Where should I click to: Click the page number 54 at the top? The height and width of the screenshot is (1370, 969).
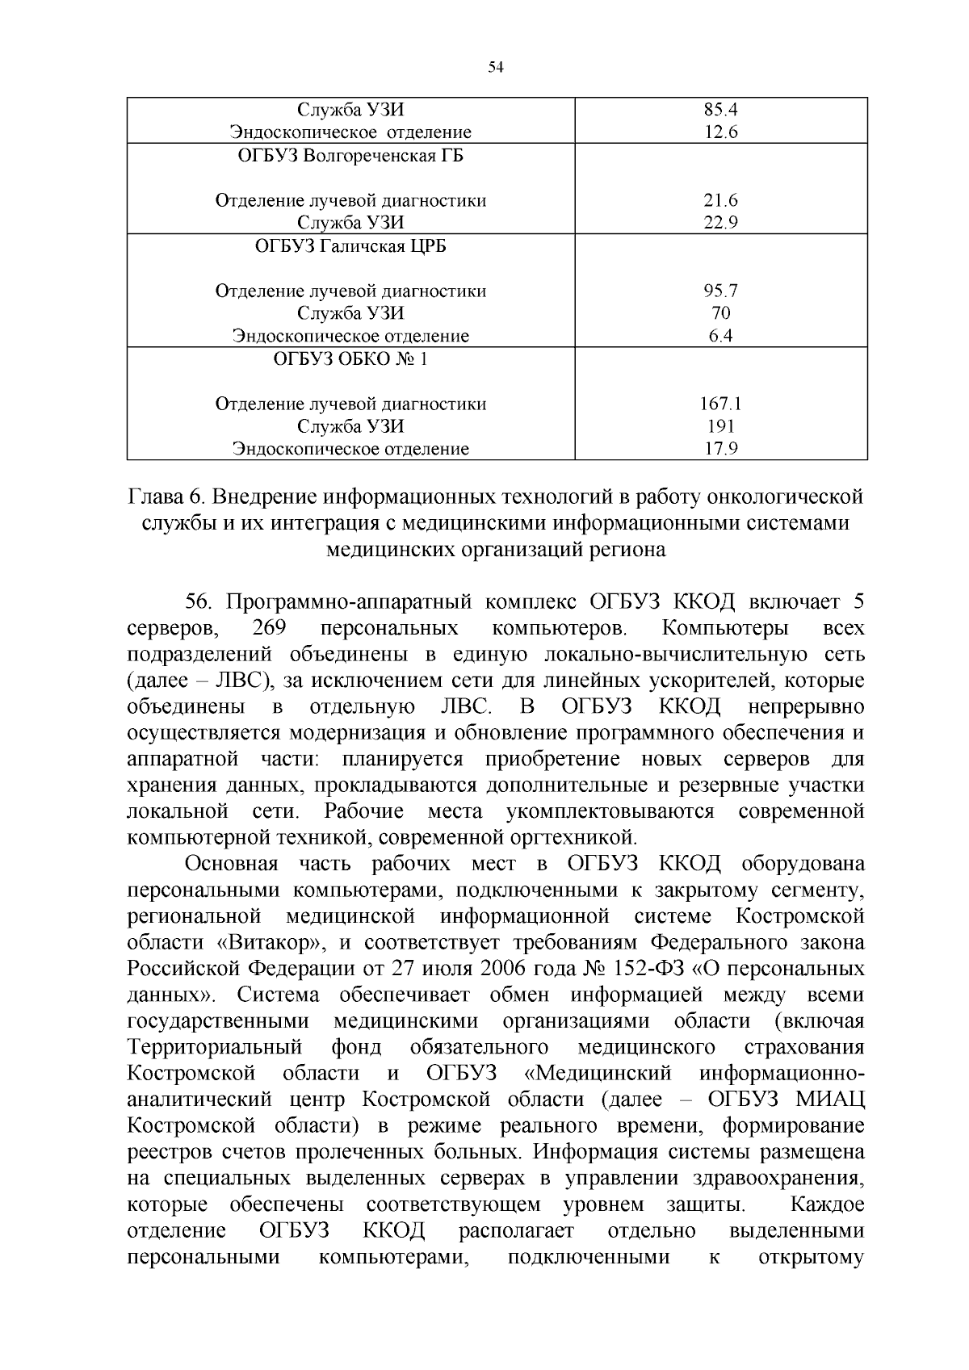tap(496, 68)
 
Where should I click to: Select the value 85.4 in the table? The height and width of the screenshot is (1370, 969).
tap(720, 110)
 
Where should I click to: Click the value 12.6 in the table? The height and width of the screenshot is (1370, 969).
tap(720, 132)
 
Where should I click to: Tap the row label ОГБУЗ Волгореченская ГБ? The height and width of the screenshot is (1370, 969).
tap(350, 156)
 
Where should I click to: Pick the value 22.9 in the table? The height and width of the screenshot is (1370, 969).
tap(720, 223)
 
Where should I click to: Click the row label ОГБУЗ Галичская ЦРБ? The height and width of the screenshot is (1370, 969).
tap(350, 246)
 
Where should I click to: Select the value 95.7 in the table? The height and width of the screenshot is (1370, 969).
tap(720, 291)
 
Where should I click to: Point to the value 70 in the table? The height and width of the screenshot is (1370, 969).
tap(720, 313)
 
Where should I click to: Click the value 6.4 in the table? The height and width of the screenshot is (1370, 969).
tap(720, 336)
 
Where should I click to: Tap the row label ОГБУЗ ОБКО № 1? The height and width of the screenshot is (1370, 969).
tap(350, 359)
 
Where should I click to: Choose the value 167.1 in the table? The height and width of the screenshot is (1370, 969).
tap(720, 404)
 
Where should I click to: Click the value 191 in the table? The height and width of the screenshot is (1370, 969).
tap(720, 426)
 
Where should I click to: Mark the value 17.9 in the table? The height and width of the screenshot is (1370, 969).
tap(720, 449)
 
